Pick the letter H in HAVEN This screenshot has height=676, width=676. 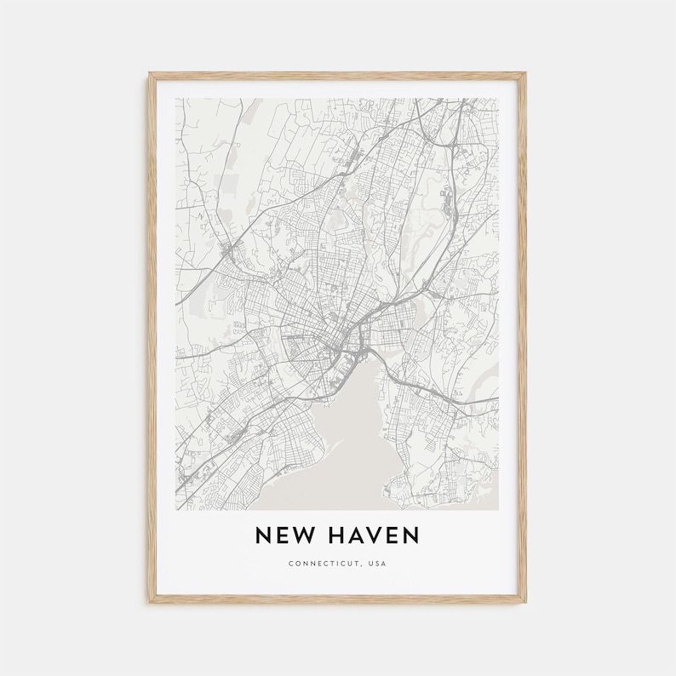click(333, 535)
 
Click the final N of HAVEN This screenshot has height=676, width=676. click(411, 535)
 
